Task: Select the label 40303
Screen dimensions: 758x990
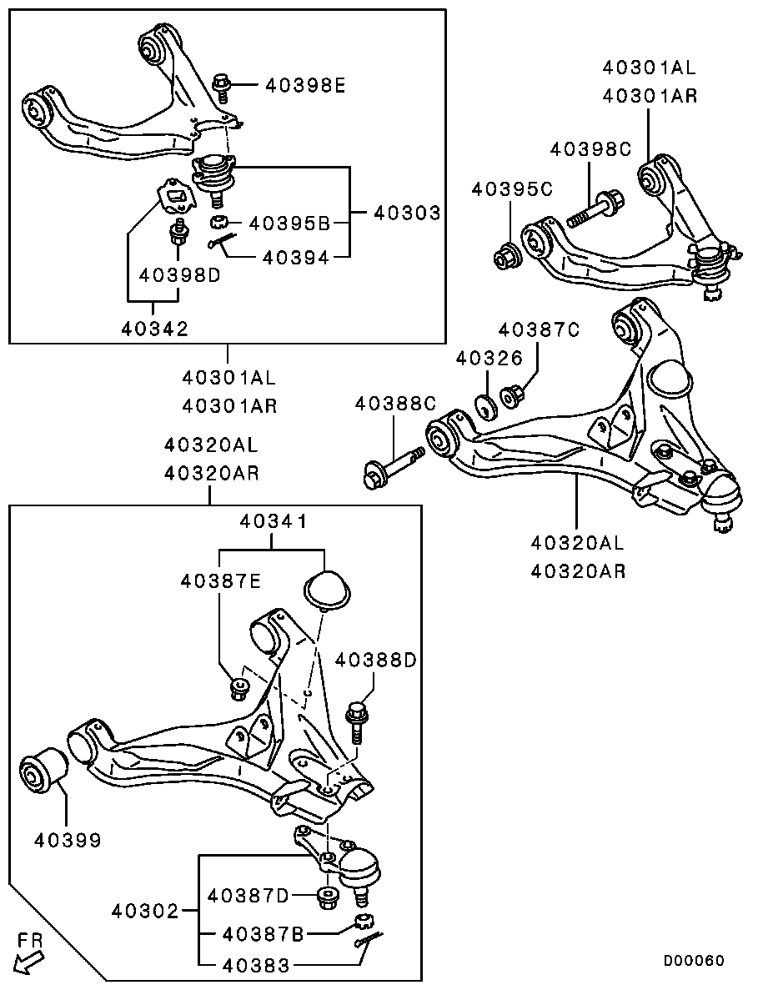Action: (x=407, y=213)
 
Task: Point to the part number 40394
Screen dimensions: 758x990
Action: (x=295, y=258)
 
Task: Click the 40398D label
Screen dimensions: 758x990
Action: (x=179, y=275)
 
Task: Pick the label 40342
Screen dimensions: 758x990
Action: (x=155, y=329)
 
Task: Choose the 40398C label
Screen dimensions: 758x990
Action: (x=590, y=149)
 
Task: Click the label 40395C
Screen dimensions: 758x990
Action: (x=513, y=188)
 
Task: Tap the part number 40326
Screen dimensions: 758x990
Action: (x=489, y=358)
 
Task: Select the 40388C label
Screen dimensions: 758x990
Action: (x=396, y=403)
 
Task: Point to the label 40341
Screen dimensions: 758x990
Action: (x=274, y=521)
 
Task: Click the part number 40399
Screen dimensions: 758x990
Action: (x=68, y=840)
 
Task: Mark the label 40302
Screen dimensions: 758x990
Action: (x=147, y=911)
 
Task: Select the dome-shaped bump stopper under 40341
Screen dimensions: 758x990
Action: (x=326, y=591)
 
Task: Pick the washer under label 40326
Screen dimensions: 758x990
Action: (x=486, y=407)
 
